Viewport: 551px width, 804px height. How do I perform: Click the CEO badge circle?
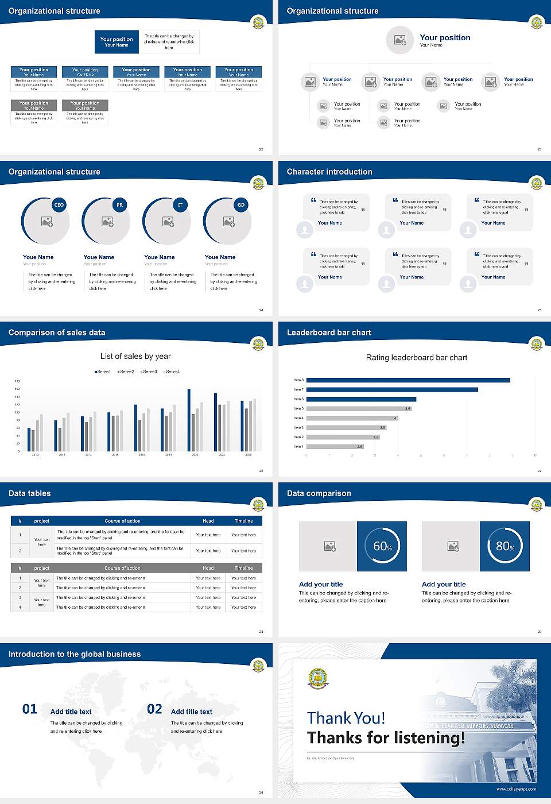(x=59, y=205)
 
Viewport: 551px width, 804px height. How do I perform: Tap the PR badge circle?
(x=119, y=205)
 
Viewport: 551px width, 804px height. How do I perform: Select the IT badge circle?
(x=180, y=205)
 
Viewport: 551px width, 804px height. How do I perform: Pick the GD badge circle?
(x=241, y=205)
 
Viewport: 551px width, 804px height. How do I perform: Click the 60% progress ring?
(x=382, y=546)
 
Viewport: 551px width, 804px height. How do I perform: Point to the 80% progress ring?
(x=505, y=546)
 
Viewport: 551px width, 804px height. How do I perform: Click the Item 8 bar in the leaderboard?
(x=408, y=380)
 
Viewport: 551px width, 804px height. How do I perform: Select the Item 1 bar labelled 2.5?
(x=335, y=446)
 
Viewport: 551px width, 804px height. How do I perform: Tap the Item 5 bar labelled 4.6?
(x=359, y=408)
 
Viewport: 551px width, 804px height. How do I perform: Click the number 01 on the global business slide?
(x=30, y=709)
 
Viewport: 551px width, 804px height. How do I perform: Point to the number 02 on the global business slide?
(x=154, y=709)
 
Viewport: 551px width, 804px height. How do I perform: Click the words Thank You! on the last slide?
(x=346, y=718)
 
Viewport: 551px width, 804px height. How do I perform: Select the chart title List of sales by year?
(x=135, y=356)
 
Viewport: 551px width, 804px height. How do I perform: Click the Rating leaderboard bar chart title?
(x=416, y=357)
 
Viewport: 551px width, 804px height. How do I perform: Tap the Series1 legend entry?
(x=103, y=372)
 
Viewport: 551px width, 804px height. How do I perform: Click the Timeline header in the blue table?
(x=243, y=521)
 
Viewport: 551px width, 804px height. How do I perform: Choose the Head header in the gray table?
(x=208, y=568)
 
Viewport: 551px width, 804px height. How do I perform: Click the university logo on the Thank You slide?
(x=319, y=678)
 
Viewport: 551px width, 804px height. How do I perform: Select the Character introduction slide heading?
(x=329, y=172)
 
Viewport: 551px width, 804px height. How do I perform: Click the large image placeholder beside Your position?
(x=399, y=40)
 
